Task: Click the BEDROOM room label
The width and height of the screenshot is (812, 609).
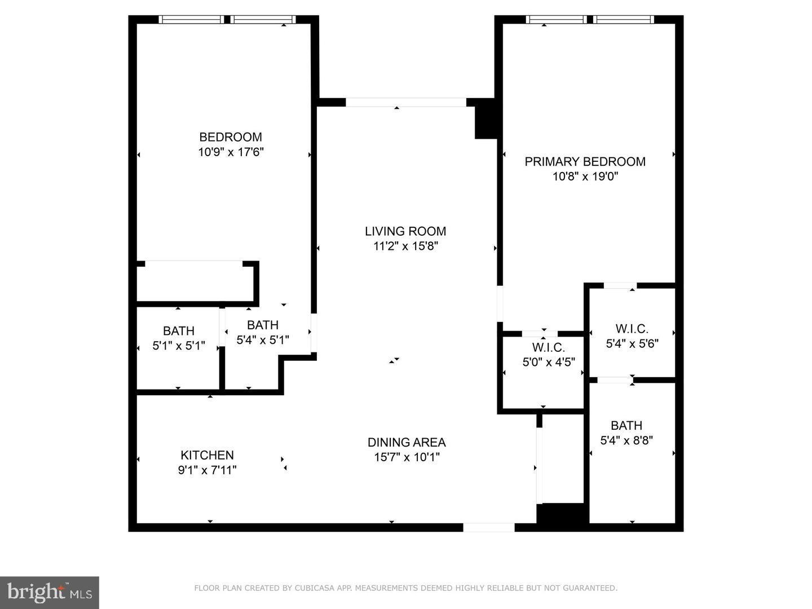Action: [231, 137]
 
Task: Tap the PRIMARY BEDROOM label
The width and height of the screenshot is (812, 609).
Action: [585, 162]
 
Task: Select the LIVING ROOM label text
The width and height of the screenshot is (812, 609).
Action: [405, 231]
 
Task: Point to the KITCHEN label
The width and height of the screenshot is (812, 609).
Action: [207, 455]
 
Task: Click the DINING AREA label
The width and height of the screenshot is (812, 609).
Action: [407, 443]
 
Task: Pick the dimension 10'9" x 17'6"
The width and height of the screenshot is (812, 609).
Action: [231, 152]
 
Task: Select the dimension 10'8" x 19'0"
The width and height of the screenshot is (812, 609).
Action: [585, 176]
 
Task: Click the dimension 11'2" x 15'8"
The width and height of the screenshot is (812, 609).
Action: [405, 246]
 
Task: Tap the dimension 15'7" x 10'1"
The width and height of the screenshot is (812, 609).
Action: [407, 457]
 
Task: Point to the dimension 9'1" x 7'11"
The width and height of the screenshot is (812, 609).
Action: [207, 470]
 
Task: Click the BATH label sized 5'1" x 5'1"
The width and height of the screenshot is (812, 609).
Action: [179, 331]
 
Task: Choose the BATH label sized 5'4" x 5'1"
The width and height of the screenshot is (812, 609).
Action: [263, 325]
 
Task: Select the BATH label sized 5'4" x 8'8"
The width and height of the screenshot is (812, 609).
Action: [626, 426]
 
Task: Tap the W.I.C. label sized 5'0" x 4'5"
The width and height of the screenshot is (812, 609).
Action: [548, 347]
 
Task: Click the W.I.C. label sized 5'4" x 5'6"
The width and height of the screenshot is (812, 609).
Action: [632, 329]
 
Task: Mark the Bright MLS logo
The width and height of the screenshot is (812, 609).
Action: [50, 592]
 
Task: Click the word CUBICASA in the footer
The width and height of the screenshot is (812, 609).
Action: [314, 588]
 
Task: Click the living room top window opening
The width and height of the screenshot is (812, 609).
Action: [405, 102]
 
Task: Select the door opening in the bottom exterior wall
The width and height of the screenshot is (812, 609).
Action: [488, 528]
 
